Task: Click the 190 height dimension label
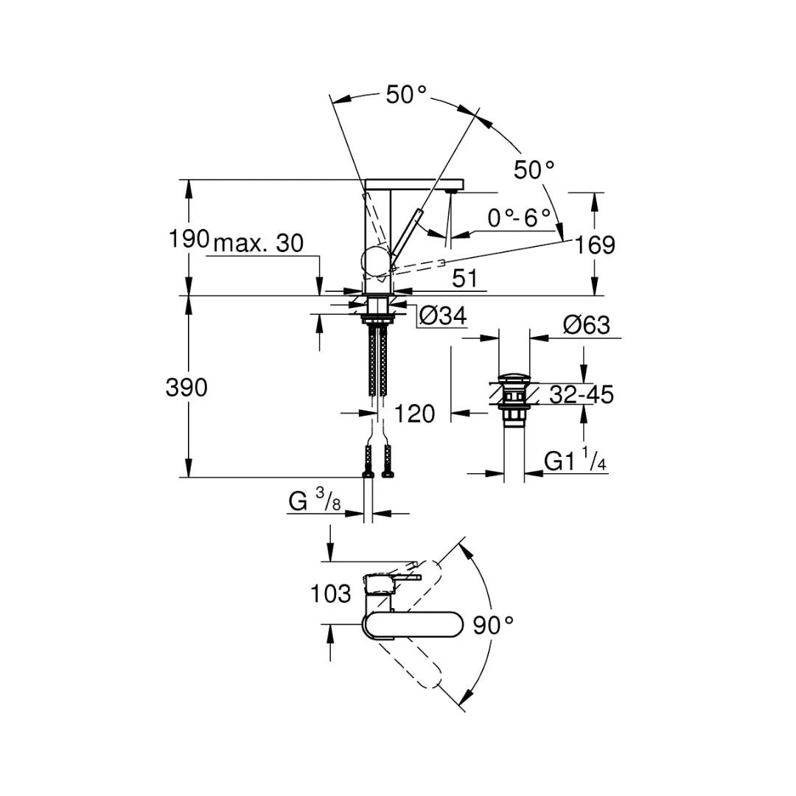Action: (189, 239)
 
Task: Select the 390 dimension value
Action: (186, 388)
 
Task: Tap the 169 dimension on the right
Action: (595, 245)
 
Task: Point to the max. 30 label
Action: (259, 244)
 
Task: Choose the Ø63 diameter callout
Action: (587, 325)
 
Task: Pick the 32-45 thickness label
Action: (582, 394)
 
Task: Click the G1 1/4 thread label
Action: (575, 460)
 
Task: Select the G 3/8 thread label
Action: (315, 500)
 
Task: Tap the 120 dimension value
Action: (415, 413)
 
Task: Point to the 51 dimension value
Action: (464, 278)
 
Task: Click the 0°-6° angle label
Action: (519, 218)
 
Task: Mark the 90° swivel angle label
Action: (493, 626)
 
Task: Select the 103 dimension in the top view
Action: (330, 594)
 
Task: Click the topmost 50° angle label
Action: (406, 94)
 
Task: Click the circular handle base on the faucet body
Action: (376, 263)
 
